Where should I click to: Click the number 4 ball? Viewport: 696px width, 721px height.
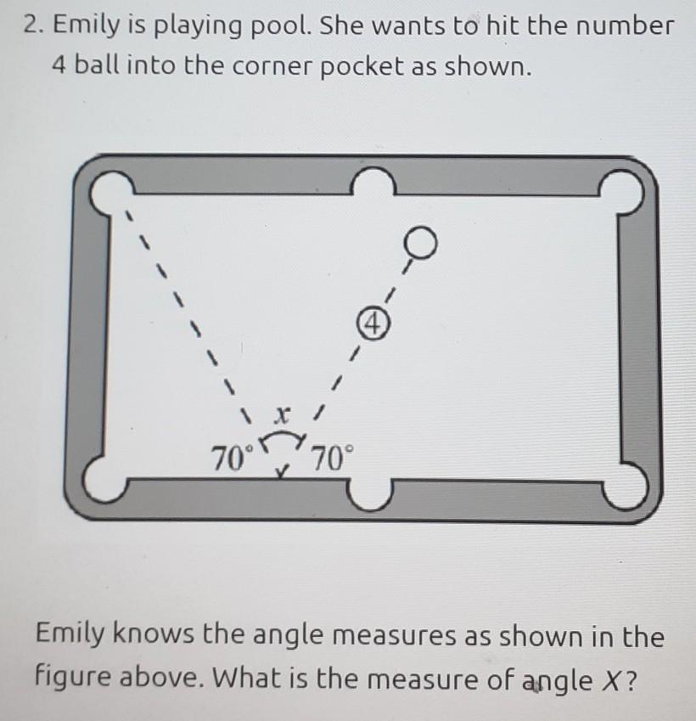[373, 324]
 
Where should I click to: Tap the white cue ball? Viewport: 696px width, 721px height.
[419, 243]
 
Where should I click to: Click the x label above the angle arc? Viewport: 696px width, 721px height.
[283, 415]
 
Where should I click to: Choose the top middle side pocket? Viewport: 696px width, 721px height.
[373, 181]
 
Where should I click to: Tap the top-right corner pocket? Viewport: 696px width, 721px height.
[621, 193]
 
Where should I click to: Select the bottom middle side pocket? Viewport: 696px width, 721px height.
[372, 494]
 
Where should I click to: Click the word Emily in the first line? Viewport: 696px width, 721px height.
[86, 26]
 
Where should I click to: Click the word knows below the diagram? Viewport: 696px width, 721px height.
[154, 634]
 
